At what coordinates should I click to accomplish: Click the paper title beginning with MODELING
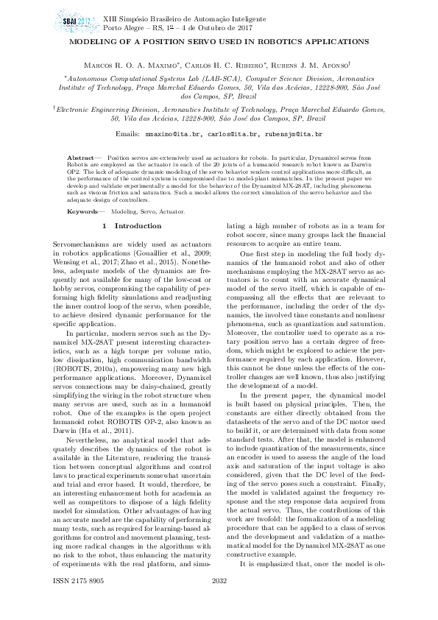click(x=219, y=43)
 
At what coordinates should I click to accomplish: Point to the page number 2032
click(x=219, y=602)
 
